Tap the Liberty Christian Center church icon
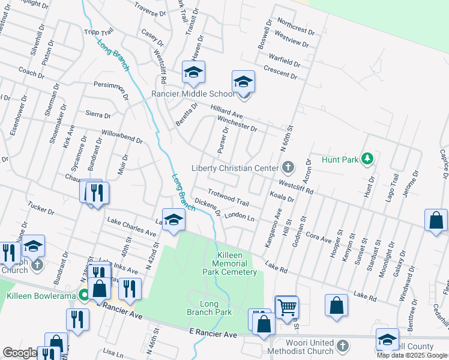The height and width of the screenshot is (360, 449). pos(288,167)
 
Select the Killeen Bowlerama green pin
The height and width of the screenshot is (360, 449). pos(85,295)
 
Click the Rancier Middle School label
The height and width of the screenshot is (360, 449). pos(193,94)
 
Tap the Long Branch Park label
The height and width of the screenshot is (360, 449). pos(215,308)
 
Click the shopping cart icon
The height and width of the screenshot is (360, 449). pos(287,307)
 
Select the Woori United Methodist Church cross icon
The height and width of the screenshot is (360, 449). pos(342,346)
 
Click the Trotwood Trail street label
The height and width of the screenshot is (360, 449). pos(228,199)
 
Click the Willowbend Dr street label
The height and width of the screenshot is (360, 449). pos(122,137)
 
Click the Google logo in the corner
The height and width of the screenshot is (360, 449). pos(19,353)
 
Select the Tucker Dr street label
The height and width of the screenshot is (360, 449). pos(41,209)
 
